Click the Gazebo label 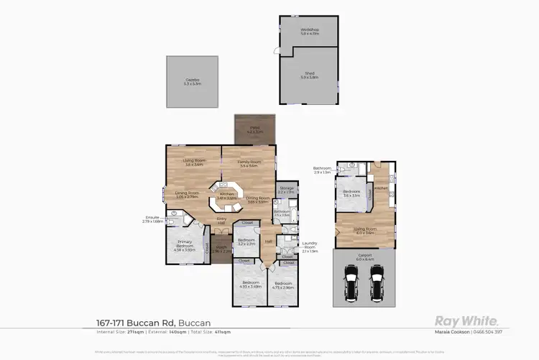click(192, 81)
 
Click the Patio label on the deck click(255, 130)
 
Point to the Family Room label click(249, 163)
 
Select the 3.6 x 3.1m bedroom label click(351, 193)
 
